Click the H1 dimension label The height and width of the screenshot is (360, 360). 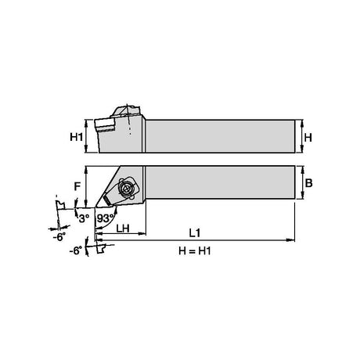tap(77, 137)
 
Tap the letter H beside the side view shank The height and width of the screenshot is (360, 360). tap(308, 137)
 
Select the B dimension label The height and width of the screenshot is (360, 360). tap(308, 183)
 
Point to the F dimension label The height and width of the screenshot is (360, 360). tap(77, 186)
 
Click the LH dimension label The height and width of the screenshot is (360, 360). tap(123, 229)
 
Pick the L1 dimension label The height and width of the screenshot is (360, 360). tap(195, 233)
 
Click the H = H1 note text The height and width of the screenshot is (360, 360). tap(195, 251)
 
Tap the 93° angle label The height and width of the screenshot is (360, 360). tap(106, 218)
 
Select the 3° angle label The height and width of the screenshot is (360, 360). tap(84, 218)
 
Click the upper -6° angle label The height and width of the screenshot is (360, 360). tap(59, 237)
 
